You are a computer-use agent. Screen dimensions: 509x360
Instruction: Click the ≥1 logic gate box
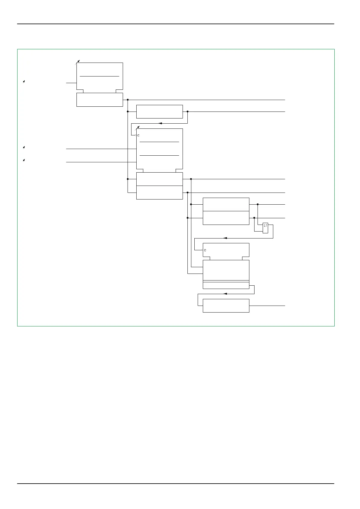(265, 228)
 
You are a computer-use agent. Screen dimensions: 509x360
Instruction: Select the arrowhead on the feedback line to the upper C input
(160, 123)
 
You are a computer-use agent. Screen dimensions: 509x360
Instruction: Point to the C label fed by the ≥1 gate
(205, 250)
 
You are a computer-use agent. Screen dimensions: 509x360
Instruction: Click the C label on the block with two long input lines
(138, 135)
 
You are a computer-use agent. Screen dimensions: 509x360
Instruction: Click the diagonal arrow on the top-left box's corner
(78, 62)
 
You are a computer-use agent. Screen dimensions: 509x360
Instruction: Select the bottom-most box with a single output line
(226, 306)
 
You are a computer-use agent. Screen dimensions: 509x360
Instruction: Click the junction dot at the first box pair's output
(128, 100)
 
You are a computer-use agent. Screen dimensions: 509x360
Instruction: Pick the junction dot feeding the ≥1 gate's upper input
(258, 204)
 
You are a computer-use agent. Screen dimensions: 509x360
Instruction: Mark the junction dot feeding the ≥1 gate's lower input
(254, 218)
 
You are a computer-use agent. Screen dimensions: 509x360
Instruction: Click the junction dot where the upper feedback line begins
(187, 112)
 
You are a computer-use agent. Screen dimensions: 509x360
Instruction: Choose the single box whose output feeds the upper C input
(159, 112)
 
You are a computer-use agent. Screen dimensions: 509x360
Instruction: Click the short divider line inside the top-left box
(99, 76)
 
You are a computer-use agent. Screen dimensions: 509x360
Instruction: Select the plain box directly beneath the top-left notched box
(99, 100)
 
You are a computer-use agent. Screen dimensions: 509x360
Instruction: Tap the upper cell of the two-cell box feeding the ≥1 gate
(226, 204)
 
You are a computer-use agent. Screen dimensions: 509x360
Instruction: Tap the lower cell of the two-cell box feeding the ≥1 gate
(226, 218)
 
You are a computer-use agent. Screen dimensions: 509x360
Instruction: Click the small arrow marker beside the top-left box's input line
(24, 82)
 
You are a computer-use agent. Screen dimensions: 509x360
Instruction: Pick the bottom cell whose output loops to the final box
(226, 286)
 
